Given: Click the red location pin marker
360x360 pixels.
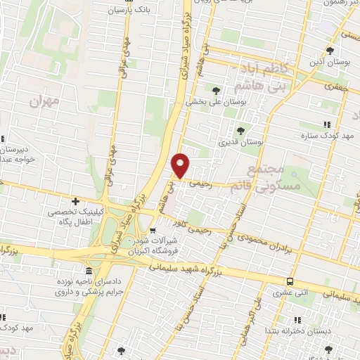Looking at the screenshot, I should tap(181, 165).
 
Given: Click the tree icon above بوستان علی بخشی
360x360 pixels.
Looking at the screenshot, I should tap(217, 90).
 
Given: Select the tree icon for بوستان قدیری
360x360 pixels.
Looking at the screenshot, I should tap(241, 130).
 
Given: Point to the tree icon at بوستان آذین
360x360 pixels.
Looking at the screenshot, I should tap(330, 51).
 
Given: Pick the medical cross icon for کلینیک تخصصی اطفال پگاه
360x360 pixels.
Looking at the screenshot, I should tap(75, 202).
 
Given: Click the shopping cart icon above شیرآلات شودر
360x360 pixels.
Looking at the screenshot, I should tap(153, 231).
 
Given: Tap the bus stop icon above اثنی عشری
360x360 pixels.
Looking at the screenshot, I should tap(290, 281).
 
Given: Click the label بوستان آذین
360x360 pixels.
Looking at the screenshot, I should tap(333, 63).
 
